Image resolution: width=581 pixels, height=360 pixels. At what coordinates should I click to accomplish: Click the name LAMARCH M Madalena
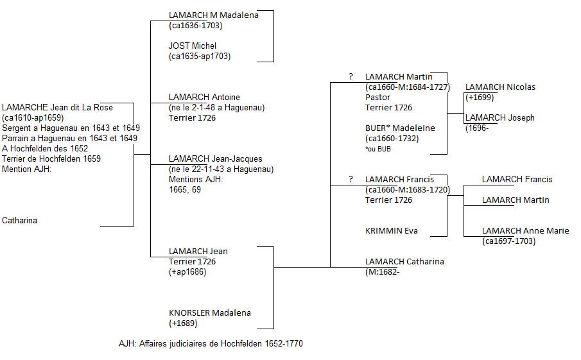coord(213,15)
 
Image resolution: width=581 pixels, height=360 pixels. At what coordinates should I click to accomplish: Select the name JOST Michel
coord(193,46)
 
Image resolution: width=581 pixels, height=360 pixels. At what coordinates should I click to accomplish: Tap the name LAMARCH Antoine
coord(204,98)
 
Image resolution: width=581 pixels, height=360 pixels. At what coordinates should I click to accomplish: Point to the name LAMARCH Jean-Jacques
coord(215,159)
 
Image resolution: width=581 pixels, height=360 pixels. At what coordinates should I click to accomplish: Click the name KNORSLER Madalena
coord(209,313)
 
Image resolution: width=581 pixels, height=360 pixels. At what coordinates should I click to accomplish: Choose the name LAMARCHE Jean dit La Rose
coord(57,108)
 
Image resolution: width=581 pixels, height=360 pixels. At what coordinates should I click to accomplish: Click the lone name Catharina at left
coord(19,221)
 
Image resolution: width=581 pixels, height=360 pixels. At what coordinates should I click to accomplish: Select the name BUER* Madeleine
coord(400,128)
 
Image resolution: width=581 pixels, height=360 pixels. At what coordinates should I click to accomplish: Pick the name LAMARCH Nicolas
coord(500,87)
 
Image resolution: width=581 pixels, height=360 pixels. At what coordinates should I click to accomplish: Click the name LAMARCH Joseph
coord(499,118)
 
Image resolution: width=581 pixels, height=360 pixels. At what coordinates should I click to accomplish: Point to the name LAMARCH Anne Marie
coord(525,231)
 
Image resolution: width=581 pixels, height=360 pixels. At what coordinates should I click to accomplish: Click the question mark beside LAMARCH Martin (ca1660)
coord(351,77)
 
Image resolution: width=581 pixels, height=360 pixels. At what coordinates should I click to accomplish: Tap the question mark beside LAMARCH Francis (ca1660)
coord(351,180)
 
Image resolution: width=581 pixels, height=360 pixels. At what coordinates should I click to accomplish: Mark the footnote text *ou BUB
coord(378,149)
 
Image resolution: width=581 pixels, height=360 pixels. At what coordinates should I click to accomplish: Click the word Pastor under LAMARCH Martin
coord(377,98)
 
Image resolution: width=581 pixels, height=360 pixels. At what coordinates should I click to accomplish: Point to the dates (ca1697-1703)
coord(508,241)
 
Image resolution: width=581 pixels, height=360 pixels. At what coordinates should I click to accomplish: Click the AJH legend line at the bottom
coord(211,344)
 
